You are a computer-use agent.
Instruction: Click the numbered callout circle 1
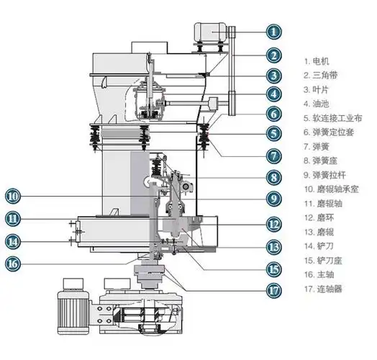274,32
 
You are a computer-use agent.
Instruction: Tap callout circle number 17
274,290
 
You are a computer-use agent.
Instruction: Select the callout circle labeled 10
13,196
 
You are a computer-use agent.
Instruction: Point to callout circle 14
13,241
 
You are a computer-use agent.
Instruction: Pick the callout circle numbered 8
274,178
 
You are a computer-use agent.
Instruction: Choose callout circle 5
274,133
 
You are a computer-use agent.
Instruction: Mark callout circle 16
13,264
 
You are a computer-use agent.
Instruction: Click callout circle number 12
274,224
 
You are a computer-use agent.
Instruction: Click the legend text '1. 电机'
317,61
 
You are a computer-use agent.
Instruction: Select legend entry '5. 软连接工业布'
333,118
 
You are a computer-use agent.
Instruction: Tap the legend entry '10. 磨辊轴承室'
332,189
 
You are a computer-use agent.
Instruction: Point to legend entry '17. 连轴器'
323,289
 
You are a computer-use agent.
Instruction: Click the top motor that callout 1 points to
211,32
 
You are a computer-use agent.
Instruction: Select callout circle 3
274,76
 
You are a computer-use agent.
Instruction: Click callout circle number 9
274,199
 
